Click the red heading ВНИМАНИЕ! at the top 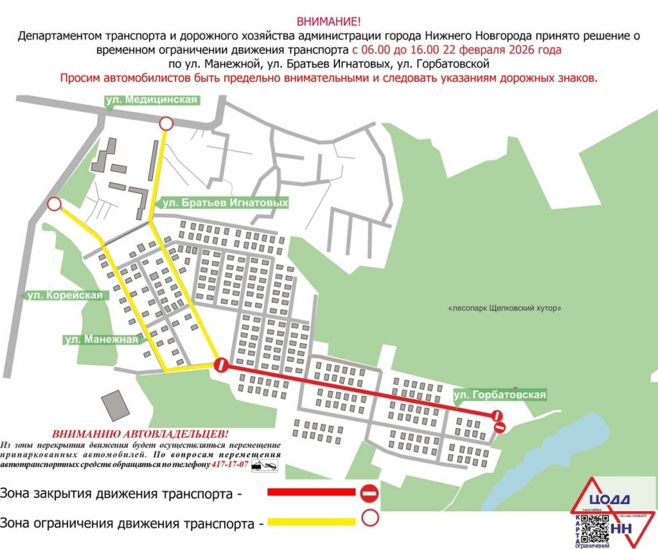[x=328, y=21]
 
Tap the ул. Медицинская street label [x=152, y=100]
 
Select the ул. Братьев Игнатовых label [x=224, y=203]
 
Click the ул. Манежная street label [x=102, y=339]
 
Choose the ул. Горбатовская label [x=499, y=394]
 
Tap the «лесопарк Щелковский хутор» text [x=505, y=308]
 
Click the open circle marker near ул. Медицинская [x=166, y=123]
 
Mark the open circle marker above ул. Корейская [x=55, y=204]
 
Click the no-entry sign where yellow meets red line [x=220, y=365]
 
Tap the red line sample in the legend [x=311, y=492]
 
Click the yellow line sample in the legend [x=311, y=521]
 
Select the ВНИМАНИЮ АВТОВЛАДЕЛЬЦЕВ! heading [x=140, y=434]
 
